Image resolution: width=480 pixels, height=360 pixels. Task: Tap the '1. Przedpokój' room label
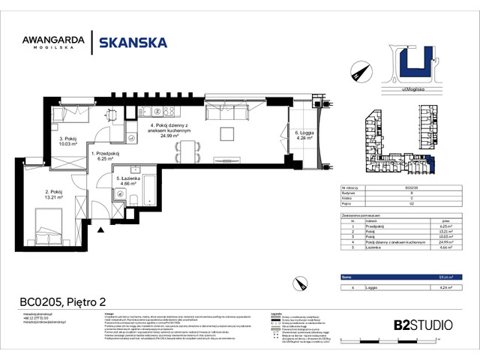102,156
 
